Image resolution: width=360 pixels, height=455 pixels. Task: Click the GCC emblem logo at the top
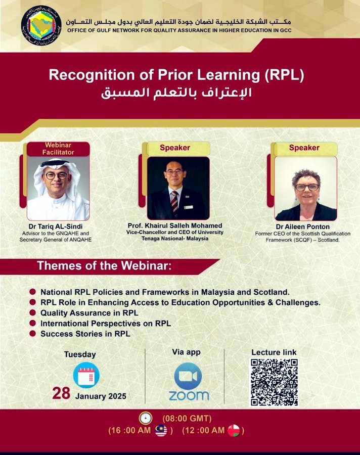tap(41, 26)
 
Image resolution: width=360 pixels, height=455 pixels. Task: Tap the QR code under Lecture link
tap(275, 382)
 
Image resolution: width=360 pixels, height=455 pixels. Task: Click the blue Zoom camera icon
tap(188, 376)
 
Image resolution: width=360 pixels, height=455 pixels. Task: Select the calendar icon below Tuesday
tap(86, 375)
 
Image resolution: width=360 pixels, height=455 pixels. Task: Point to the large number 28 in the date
tap(61, 394)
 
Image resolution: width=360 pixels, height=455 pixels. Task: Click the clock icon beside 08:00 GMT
tap(146, 418)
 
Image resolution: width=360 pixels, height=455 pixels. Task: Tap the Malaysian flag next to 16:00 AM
tap(161, 431)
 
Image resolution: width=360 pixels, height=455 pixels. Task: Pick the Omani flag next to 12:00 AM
tap(234, 431)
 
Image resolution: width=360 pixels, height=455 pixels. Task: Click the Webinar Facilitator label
tap(58, 149)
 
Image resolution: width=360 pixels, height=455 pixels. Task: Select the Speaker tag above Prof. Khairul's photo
tap(175, 148)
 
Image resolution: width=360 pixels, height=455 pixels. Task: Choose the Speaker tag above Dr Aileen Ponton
tap(304, 148)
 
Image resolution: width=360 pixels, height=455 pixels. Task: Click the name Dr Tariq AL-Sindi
tap(56, 226)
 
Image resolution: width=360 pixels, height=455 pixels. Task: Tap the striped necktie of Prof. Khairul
tap(175, 202)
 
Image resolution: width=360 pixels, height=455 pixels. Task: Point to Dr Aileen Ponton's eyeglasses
tap(307, 187)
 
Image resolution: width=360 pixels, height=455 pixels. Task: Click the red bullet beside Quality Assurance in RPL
tap(32, 312)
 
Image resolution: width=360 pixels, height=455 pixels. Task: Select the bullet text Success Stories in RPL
tap(85, 334)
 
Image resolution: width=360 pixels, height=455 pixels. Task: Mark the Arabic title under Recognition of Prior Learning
tap(176, 93)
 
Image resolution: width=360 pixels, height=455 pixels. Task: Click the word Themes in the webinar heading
tap(57, 266)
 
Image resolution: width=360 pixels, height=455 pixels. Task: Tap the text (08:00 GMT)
tap(187, 419)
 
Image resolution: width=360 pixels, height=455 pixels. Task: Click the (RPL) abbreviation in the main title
tap(285, 75)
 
